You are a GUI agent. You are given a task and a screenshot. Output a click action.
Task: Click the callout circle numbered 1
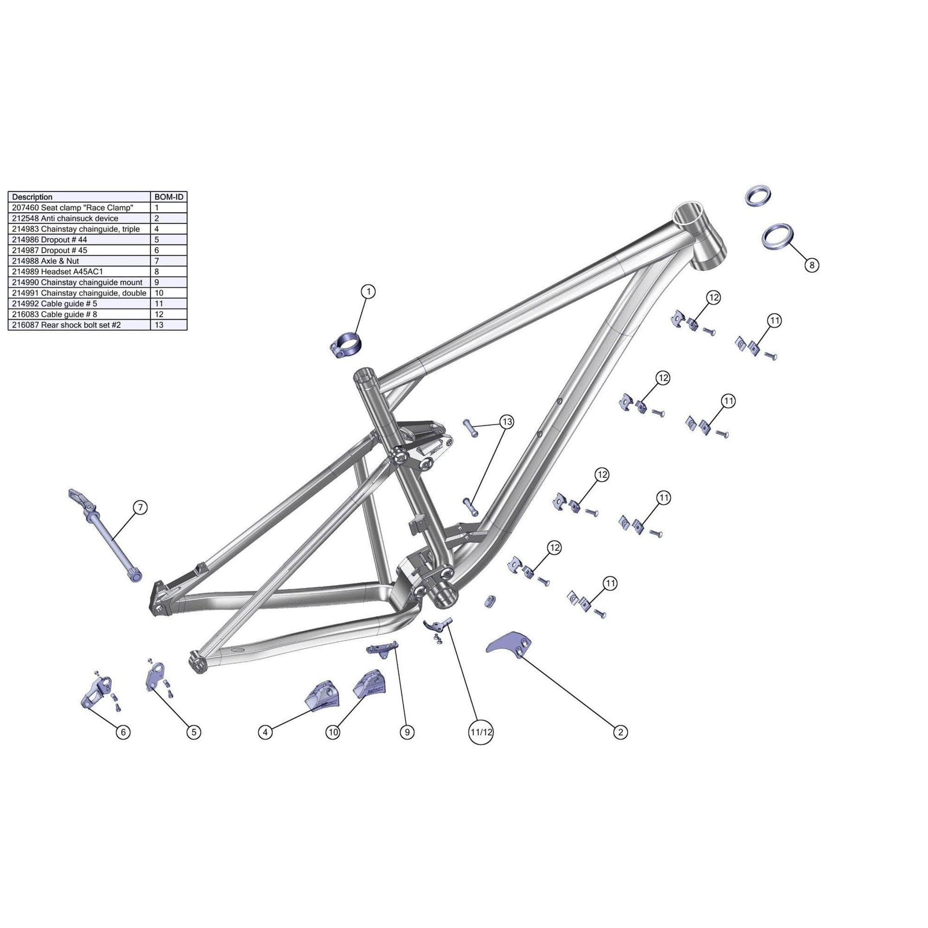(368, 291)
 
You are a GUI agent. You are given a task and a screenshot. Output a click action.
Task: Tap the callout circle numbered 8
(811, 264)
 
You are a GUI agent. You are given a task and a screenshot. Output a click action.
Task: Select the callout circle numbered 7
(140, 507)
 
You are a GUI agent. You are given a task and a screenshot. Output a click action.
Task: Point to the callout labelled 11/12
(481, 732)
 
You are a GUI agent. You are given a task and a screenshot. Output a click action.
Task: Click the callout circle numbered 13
(507, 422)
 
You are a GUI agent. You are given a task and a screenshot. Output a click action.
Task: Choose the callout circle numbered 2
(620, 732)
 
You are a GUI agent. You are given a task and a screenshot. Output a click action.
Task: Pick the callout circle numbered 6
(123, 732)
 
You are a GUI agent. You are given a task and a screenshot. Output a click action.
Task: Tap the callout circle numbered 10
(332, 732)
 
